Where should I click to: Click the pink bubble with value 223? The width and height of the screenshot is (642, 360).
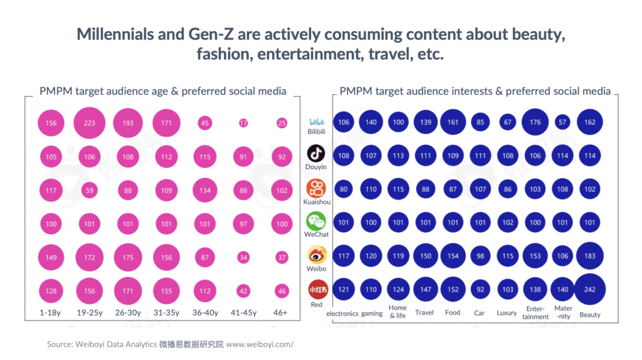tap(89, 123)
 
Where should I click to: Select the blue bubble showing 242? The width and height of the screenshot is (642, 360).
tap(590, 290)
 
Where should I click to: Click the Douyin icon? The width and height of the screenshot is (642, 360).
tap(316, 154)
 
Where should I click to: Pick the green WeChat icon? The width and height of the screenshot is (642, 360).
tap(316, 221)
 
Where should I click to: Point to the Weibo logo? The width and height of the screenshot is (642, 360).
tap(316, 255)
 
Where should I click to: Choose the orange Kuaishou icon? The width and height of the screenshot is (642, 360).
tap(316, 188)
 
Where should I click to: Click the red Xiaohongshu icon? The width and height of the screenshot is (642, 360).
tap(316, 290)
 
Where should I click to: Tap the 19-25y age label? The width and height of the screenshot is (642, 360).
tap(89, 313)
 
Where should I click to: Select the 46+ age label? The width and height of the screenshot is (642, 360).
tap(282, 313)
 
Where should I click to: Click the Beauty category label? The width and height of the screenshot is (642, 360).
tap(590, 314)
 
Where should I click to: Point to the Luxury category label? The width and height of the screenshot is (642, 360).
tap(507, 312)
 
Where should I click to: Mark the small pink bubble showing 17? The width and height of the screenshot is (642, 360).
tap(243, 123)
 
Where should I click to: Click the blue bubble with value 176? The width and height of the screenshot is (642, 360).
tap(535, 122)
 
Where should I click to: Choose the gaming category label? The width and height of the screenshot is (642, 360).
tap(372, 313)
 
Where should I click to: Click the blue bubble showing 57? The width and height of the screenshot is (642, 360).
tap(562, 122)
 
